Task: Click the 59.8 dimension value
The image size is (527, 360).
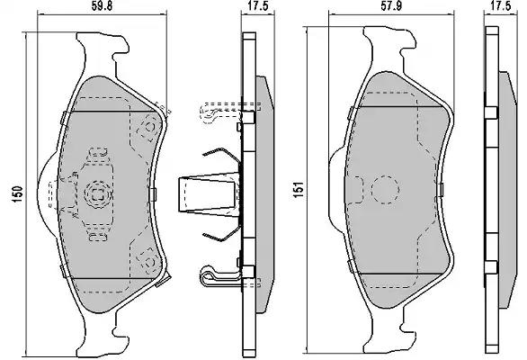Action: pyautogui.click(x=102, y=6)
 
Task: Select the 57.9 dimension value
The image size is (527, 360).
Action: pyautogui.click(x=392, y=6)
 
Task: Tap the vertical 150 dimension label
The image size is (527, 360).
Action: pyautogui.click(x=17, y=194)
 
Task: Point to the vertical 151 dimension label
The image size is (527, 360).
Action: pyautogui.click(x=299, y=189)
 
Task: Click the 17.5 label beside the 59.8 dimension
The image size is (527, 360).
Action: pyautogui.click(x=258, y=6)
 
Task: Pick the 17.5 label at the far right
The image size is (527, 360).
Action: pyautogui.click(x=500, y=5)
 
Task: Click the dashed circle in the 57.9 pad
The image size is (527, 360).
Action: pyautogui.click(x=385, y=189)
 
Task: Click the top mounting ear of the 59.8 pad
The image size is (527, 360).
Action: pyautogui.click(x=101, y=50)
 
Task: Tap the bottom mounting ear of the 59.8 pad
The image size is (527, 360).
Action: pyautogui.click(x=101, y=333)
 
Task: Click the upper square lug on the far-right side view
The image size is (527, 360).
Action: pyautogui.click(x=491, y=112)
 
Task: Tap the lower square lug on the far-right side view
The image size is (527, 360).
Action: pyautogui.click(x=491, y=267)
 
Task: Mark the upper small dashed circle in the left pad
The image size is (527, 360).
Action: pyautogui.click(x=149, y=127)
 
